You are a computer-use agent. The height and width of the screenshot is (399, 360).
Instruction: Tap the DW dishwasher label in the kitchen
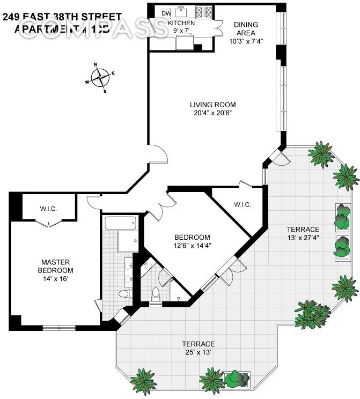[x=166, y=13]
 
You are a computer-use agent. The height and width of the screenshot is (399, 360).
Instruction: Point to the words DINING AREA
[x=246, y=28]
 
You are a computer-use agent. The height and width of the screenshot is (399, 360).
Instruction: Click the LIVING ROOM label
[x=212, y=105]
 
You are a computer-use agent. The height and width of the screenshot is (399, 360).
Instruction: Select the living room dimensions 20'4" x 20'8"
[x=212, y=113]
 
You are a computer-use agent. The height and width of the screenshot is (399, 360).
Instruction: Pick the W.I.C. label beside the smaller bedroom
[x=243, y=204]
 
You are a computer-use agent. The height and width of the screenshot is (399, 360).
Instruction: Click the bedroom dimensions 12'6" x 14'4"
[x=192, y=246]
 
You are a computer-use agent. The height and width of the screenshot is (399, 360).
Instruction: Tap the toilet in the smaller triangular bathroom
[x=156, y=294]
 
